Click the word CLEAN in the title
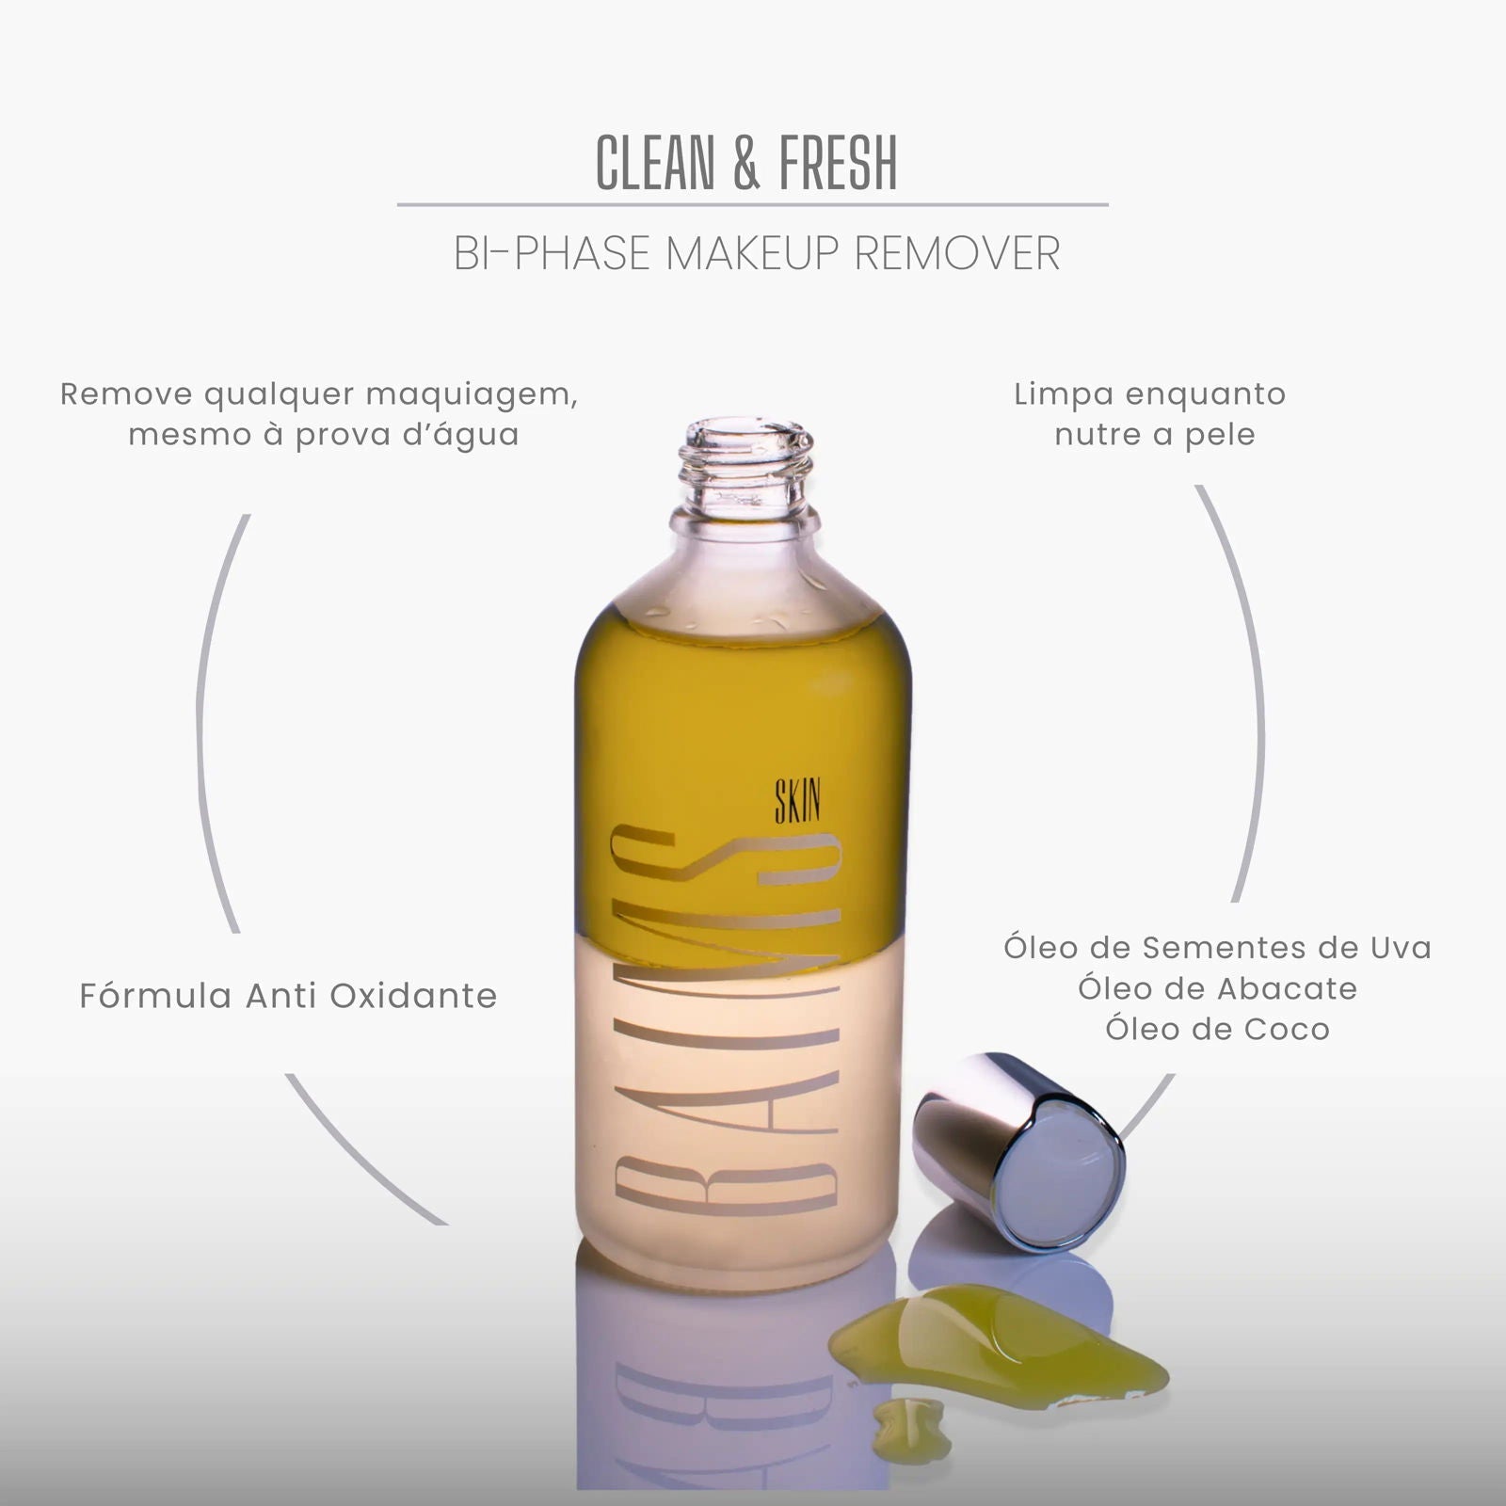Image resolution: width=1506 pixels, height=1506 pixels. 655,163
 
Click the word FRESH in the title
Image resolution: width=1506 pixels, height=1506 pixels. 839,163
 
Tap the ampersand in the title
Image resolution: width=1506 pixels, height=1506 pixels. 746,163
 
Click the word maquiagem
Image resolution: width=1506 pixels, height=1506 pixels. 472,396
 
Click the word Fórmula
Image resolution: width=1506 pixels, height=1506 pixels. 155,996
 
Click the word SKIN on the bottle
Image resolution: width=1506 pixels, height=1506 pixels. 797,802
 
